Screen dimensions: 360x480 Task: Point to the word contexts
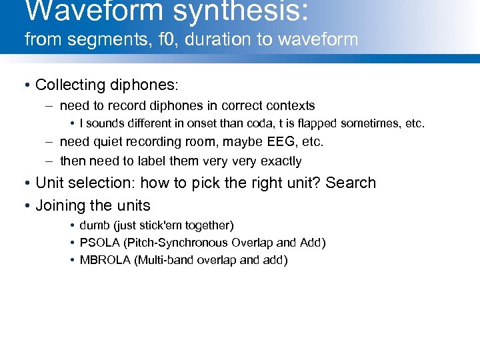(291, 105)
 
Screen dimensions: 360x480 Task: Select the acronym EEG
(263, 141)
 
